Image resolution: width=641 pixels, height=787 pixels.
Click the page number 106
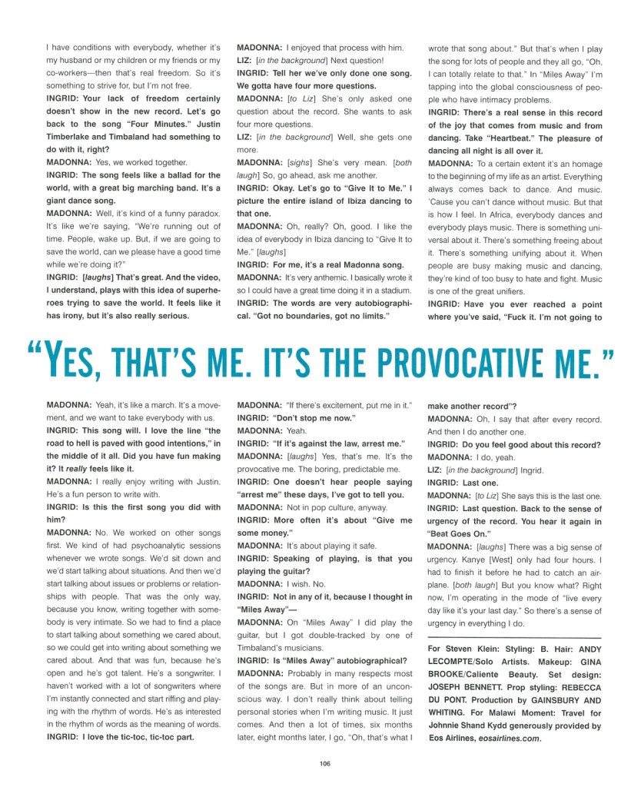click(324, 762)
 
